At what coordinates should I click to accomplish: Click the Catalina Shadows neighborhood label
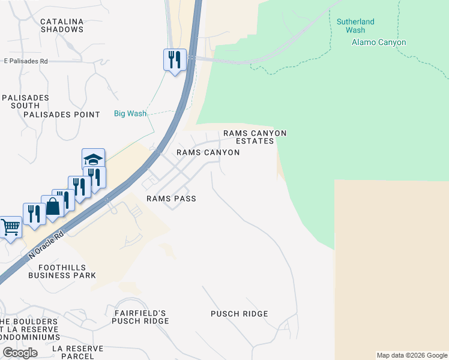tap(61, 25)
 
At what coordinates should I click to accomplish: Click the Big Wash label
tap(130, 113)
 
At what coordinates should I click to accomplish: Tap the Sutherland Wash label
tap(355, 26)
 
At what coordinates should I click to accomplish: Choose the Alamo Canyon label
tap(378, 43)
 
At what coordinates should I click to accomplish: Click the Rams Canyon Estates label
tap(255, 137)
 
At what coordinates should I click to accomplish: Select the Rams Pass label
tap(171, 199)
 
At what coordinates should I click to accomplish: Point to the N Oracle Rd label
tap(46, 245)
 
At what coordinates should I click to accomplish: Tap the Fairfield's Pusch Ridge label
tap(140, 317)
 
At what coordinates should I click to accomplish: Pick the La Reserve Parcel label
tap(77, 352)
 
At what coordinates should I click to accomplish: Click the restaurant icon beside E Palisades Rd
tap(174, 59)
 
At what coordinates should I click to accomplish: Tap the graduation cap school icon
tap(93, 160)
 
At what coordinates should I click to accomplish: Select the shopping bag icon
tap(53, 206)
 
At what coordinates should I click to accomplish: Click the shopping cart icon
tap(10, 228)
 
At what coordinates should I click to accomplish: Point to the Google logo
tap(20, 353)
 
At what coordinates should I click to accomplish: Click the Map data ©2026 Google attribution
tap(412, 355)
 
